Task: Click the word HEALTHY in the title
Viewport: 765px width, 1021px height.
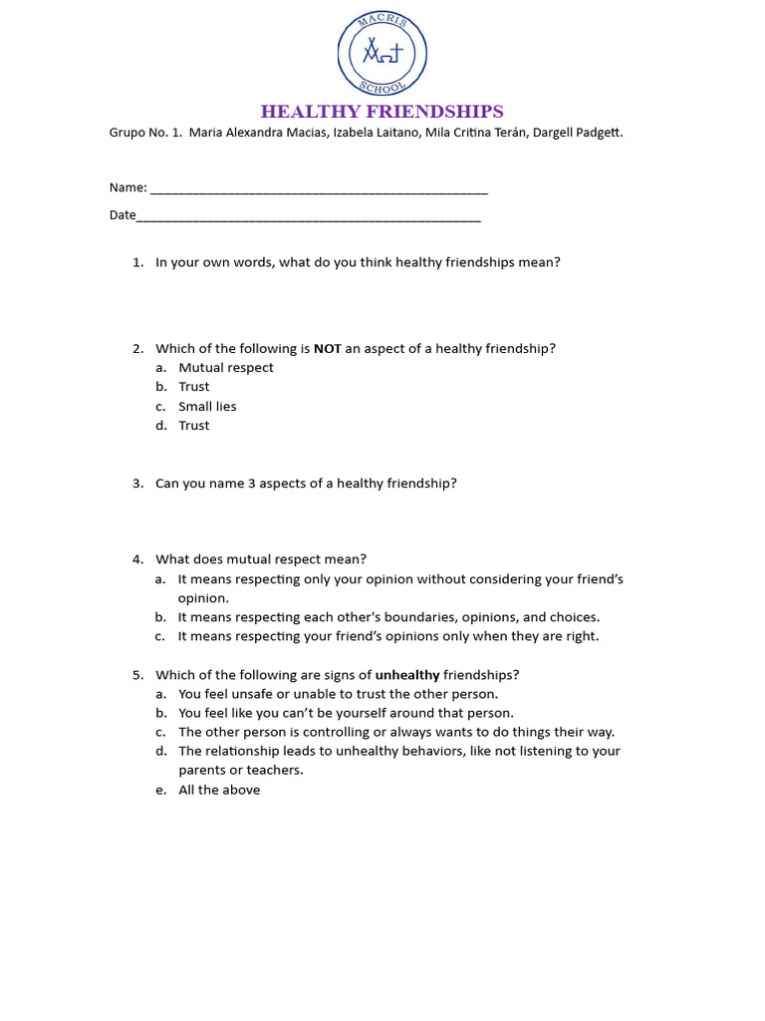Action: (312, 112)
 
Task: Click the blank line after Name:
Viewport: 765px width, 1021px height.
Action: (319, 188)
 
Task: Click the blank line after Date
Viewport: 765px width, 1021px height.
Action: (309, 215)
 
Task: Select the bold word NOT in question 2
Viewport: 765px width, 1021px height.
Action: (327, 349)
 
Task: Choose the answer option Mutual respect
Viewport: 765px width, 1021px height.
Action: (226, 368)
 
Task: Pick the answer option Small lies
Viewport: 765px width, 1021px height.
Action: (207, 407)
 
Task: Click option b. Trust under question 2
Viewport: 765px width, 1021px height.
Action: (194, 387)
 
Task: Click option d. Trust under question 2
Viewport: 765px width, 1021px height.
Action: (194, 426)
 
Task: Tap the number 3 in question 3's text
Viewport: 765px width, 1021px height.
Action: (251, 484)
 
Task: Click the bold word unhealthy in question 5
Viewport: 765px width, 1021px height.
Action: (407, 675)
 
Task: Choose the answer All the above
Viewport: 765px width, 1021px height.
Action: (219, 791)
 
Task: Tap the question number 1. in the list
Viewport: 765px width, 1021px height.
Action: (138, 262)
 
